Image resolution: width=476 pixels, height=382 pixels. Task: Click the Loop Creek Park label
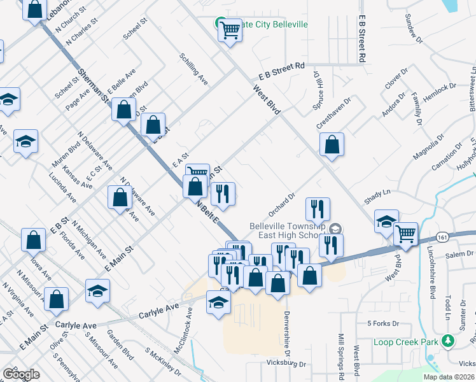pyautogui.click(x=407, y=342)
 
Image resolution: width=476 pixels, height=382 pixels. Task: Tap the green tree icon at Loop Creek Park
pyautogui.click(x=448, y=342)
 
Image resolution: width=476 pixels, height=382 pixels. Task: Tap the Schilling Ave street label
pyautogui.click(x=194, y=69)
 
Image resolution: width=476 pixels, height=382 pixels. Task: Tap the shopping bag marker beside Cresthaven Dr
pyautogui.click(x=332, y=145)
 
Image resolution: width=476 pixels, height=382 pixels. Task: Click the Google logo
pyautogui.click(x=21, y=374)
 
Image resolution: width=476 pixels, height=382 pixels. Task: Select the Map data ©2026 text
pyautogui.click(x=448, y=377)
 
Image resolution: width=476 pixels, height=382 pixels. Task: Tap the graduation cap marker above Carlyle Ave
pyautogui.click(x=218, y=304)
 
